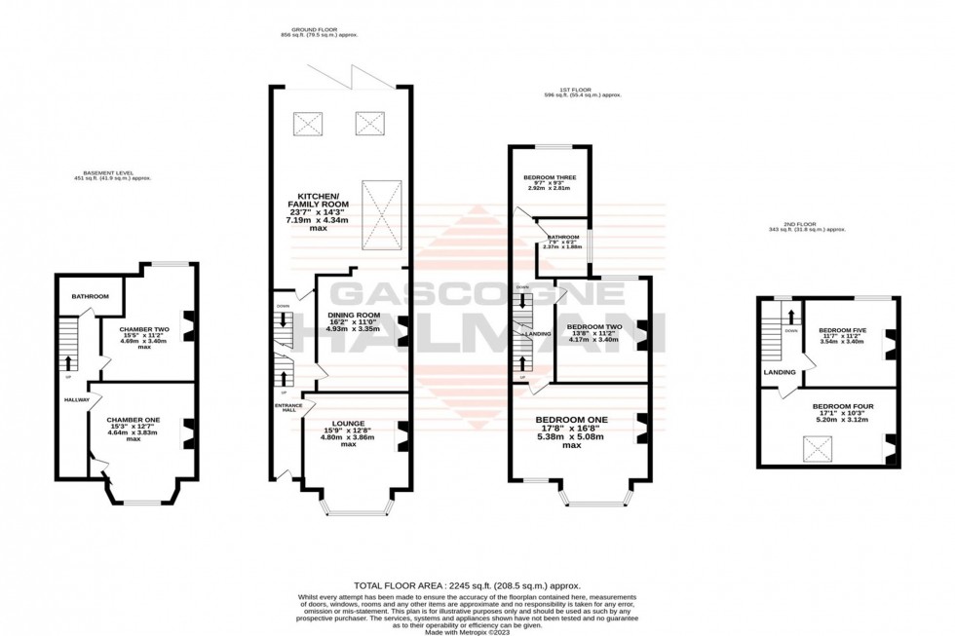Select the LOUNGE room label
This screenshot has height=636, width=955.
348,424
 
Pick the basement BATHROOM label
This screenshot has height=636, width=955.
90,296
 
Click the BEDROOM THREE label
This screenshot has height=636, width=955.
550,177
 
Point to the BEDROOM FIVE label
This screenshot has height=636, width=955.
842,329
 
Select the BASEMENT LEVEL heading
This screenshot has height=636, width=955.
113,174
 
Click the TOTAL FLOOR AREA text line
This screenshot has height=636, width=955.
461,582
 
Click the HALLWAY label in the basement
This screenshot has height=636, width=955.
76,399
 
